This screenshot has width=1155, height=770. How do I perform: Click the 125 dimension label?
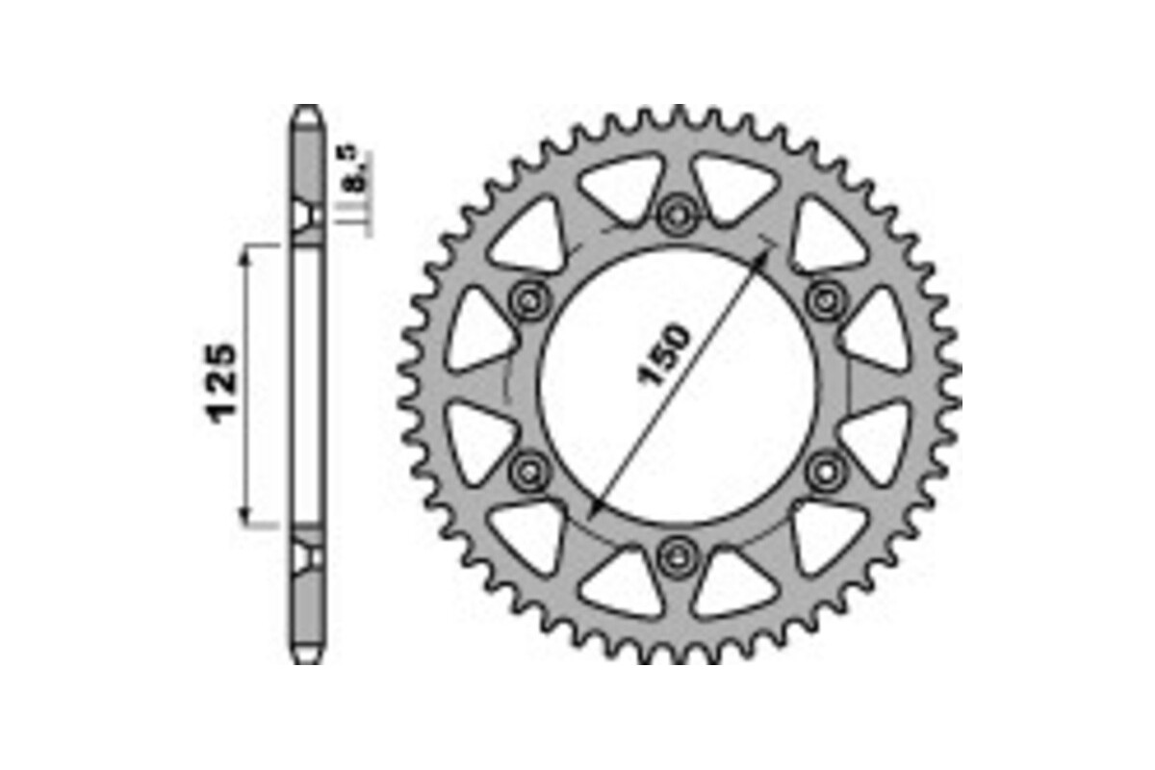tap(221, 382)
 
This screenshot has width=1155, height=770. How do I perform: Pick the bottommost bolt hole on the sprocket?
tap(678, 555)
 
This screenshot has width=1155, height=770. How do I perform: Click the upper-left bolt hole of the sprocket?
tap(529, 299)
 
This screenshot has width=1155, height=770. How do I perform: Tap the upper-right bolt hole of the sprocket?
tap(826, 299)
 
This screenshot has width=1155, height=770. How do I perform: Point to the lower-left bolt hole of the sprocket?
tap(529, 470)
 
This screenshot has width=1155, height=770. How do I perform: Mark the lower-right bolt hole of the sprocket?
tap(826, 470)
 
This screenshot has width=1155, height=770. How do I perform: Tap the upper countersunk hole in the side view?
tap(307, 216)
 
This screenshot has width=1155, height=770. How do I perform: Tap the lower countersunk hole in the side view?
tap(307, 555)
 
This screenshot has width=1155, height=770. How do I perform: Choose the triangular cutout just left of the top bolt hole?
tap(624, 188)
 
